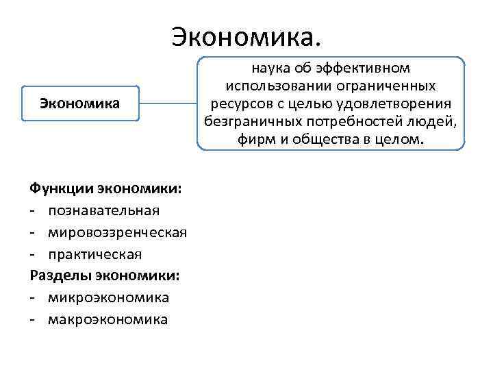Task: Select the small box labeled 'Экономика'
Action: coord(80,103)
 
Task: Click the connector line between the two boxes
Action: coord(168,104)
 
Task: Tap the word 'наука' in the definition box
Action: coord(269,69)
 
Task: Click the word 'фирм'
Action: coord(253,140)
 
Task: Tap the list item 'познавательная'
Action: coord(103,209)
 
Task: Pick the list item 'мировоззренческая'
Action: coord(117,232)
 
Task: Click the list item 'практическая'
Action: coord(95,254)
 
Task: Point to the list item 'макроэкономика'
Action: coord(108,320)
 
